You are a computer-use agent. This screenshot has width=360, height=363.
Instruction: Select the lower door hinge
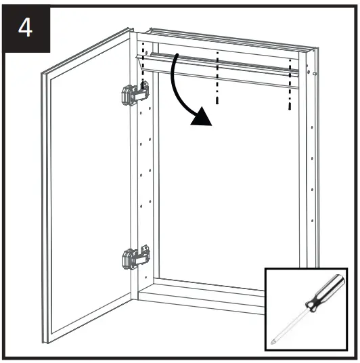pos(133,257)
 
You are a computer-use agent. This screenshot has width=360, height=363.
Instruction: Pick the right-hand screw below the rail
pos(289,105)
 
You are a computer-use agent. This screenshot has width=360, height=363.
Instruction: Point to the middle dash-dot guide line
pos(217,74)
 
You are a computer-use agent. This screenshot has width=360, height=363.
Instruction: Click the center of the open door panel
pos(88,196)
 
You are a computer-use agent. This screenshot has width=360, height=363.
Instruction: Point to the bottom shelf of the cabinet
pos(203,284)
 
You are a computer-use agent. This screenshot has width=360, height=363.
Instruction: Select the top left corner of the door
pos(43,74)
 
